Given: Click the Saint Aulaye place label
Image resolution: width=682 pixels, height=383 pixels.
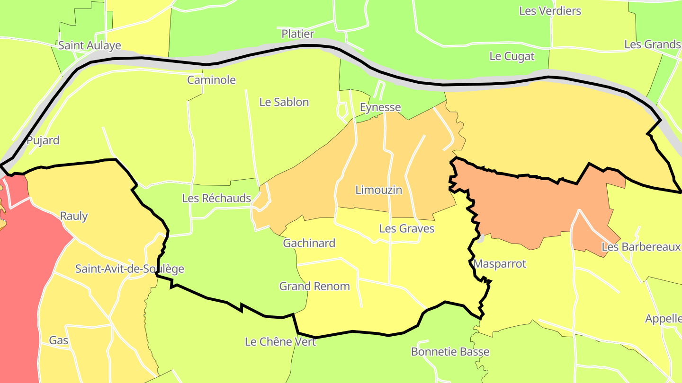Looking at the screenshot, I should [90, 45].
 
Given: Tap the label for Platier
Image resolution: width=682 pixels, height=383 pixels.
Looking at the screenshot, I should [297, 34].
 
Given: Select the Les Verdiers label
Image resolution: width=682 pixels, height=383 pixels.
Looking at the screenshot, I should [550, 11].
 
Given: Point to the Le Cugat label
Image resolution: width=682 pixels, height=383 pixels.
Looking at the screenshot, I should [511, 56].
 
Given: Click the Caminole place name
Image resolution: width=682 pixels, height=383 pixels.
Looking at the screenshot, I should [211, 80].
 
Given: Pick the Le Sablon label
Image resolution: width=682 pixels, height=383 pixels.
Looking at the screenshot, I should [284, 102].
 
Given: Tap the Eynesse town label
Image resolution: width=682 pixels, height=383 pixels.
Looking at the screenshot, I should [380, 107].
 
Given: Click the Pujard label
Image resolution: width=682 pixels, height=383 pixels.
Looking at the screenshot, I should [43, 140].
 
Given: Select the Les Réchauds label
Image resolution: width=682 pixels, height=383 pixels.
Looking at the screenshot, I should [216, 198].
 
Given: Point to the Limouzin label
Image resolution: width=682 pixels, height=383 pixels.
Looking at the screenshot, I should [378, 190].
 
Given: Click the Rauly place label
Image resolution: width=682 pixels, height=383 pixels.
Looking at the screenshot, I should [74, 216].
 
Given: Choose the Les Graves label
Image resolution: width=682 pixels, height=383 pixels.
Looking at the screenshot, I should [407, 229].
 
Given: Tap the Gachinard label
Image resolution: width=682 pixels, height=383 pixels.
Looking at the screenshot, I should [309, 244].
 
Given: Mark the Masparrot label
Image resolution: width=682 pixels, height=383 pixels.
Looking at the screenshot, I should [500, 264].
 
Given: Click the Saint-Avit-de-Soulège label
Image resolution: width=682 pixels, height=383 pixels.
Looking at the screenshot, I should [130, 269].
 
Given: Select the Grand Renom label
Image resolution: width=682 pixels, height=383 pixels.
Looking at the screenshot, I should [314, 287].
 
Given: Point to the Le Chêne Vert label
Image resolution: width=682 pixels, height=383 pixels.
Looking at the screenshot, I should [280, 341].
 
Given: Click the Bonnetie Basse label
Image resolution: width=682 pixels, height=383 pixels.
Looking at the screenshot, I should [450, 352].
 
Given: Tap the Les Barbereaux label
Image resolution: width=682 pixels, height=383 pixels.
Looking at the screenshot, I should [641, 247].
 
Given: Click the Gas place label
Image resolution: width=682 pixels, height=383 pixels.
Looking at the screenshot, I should [59, 340].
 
